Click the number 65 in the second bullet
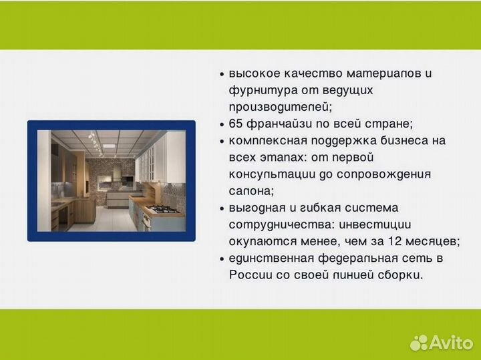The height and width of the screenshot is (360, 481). (236, 124)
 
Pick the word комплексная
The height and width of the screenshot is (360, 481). (261, 141)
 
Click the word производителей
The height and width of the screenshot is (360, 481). (279, 107)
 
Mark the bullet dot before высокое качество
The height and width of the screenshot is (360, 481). (222, 74)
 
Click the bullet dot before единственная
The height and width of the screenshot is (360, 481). (222, 258)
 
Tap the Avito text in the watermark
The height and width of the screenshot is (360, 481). (450, 342)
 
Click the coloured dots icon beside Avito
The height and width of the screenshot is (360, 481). (419, 343)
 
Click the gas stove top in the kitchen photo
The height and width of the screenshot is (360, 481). (162, 209)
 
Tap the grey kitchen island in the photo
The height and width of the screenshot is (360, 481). (119, 198)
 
